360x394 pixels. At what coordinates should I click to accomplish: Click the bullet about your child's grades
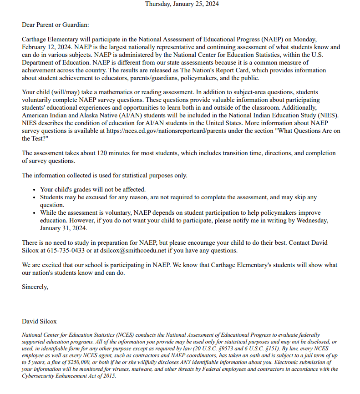tap(93, 189)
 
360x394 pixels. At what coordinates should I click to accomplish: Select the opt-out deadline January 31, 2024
tap(63, 228)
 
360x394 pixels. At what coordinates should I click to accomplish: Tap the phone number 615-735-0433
tap(63, 250)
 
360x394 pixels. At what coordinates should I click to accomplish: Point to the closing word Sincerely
tap(35, 287)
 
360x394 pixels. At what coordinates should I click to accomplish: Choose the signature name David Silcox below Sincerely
tap(39, 321)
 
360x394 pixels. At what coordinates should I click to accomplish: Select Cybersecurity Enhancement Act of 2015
tap(69, 376)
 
